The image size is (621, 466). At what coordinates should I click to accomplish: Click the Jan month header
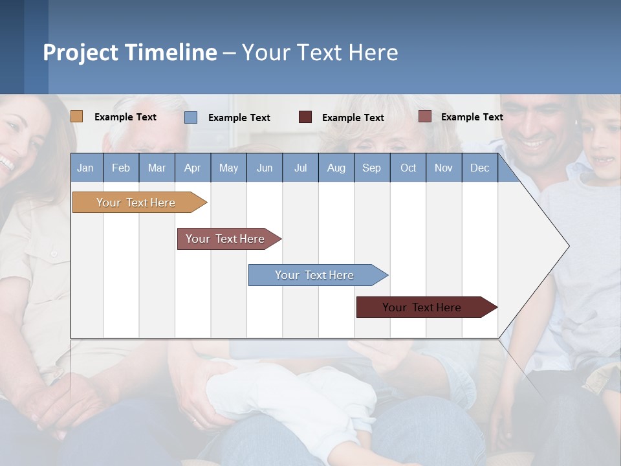[86, 168]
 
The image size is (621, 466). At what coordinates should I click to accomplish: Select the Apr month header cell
[193, 168]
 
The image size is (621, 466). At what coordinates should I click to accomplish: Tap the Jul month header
[300, 168]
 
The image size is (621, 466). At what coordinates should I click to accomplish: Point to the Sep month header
[372, 168]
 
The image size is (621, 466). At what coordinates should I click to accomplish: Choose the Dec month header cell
[479, 168]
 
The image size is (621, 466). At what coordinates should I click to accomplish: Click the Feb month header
[121, 168]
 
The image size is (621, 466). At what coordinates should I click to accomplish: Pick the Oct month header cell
[408, 168]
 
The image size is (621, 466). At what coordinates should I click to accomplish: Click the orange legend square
[76, 116]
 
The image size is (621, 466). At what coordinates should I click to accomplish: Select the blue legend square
[191, 117]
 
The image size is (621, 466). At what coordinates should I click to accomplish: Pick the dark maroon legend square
[305, 117]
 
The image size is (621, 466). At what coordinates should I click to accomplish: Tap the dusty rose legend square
[424, 116]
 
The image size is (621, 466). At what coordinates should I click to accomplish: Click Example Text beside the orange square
[125, 117]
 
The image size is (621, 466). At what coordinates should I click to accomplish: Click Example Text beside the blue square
[239, 118]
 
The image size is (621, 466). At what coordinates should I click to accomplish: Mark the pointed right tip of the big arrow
[569, 246]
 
